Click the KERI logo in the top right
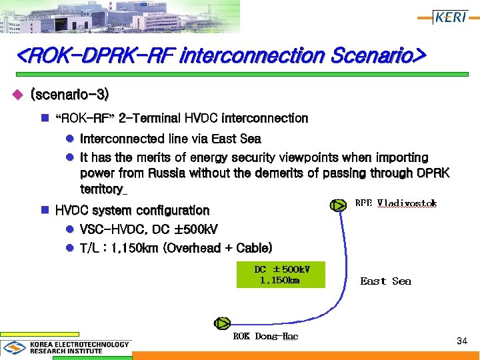tap(450, 17)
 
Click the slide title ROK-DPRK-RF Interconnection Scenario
tap(221, 55)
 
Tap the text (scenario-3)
tap(69, 95)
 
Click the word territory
tap(101, 189)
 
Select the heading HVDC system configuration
tap(132, 211)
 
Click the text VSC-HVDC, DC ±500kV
tap(149, 229)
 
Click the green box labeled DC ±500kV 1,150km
tap(281, 274)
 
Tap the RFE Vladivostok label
tap(395, 203)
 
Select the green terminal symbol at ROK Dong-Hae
tap(222, 323)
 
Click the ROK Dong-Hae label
tap(265, 336)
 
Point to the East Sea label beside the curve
tap(385, 281)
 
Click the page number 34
tap(461, 341)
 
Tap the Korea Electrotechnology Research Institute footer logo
tap(67, 347)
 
